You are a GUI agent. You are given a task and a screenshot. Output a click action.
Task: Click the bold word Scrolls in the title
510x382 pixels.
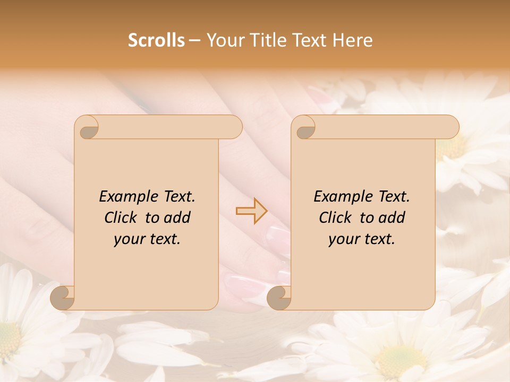click(x=156, y=40)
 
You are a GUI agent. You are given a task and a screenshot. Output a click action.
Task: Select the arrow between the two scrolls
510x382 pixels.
click(x=251, y=211)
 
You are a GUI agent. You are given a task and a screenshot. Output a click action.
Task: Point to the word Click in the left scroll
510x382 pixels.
click(x=121, y=218)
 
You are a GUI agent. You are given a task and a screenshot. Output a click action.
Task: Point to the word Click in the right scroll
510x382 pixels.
click(x=336, y=218)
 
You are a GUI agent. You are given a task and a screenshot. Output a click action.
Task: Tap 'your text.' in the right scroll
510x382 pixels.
click(x=362, y=239)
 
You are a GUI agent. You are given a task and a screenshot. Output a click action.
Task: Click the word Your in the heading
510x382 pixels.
click(x=224, y=40)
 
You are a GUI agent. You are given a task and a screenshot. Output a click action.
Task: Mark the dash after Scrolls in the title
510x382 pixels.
click(x=194, y=40)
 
